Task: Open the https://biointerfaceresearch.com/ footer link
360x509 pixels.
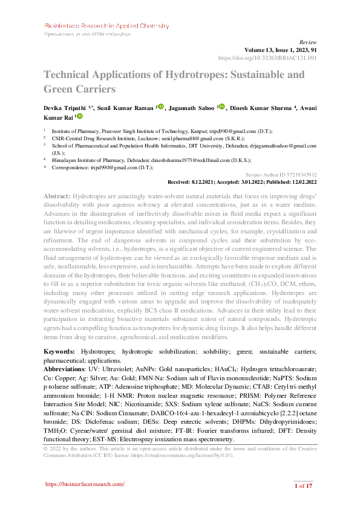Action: click(85, 484)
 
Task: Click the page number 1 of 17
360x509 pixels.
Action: click(303, 485)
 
